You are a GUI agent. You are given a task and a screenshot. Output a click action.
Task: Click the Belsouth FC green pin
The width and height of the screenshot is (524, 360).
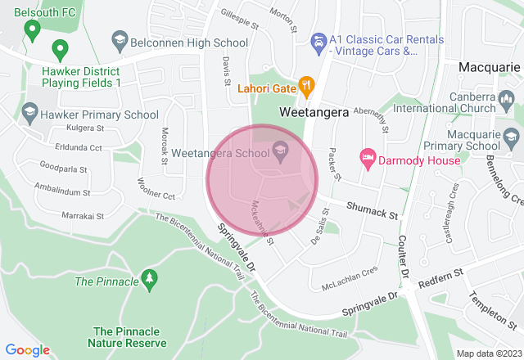pyautogui.click(x=32, y=31)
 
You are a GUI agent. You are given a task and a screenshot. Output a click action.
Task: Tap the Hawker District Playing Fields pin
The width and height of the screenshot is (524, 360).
pyautogui.click(x=59, y=48)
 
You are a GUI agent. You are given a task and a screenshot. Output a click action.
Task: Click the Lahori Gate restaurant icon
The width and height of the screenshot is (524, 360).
pyautogui.click(x=306, y=84)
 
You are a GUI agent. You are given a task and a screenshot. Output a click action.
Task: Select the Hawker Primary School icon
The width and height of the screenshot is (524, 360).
pyautogui.click(x=30, y=110)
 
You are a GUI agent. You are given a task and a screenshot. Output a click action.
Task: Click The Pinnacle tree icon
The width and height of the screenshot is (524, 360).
pyautogui.click(x=149, y=281)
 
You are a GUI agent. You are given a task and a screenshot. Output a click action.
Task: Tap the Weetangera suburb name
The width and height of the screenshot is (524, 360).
pyautogui.click(x=314, y=111)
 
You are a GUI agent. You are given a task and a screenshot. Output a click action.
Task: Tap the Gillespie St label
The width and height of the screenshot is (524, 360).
pyautogui.click(x=238, y=17)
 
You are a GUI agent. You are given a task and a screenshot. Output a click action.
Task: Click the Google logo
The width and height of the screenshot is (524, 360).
pyautogui.click(x=27, y=349)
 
